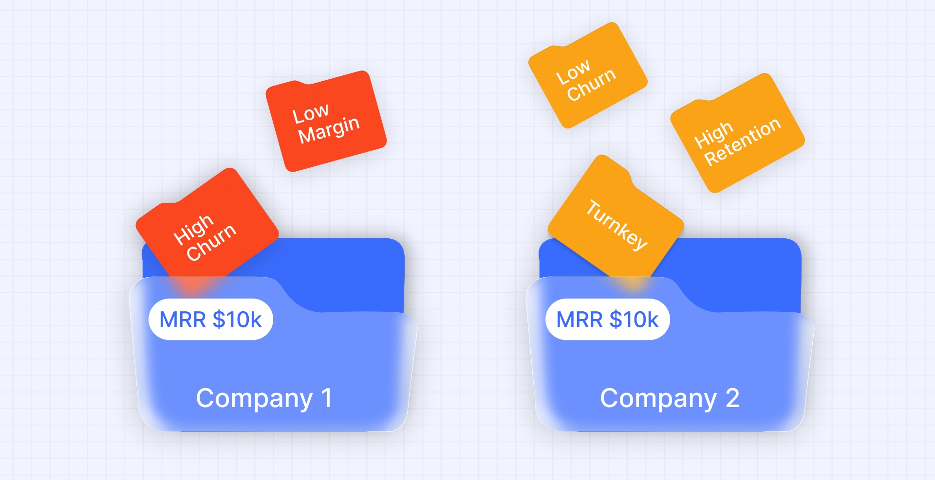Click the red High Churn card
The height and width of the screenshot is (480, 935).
pos(207,226)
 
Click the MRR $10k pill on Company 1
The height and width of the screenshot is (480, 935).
pos(210,320)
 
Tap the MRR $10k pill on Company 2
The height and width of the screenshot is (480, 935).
pos(607,320)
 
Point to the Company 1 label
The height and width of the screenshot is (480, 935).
pos(264,398)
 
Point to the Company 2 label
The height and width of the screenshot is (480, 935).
pos(670,398)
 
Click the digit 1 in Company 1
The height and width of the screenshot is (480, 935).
pos(326,397)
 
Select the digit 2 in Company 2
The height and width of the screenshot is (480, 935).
pos(732,397)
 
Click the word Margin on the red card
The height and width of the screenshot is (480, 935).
pos(329,130)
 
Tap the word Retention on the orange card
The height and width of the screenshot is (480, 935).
pos(743,142)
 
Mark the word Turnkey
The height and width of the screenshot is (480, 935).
pos(617,225)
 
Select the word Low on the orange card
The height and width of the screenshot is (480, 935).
pos(573,72)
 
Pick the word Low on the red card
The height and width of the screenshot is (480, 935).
pos(310,114)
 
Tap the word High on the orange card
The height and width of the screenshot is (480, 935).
pos(713,135)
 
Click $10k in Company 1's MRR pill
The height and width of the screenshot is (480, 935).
pos(237,320)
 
